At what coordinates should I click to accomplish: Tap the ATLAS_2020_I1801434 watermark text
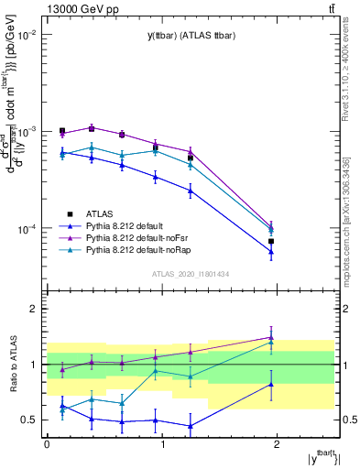190,274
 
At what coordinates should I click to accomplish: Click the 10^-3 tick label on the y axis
27,132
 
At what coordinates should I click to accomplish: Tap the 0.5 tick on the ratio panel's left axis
29,420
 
